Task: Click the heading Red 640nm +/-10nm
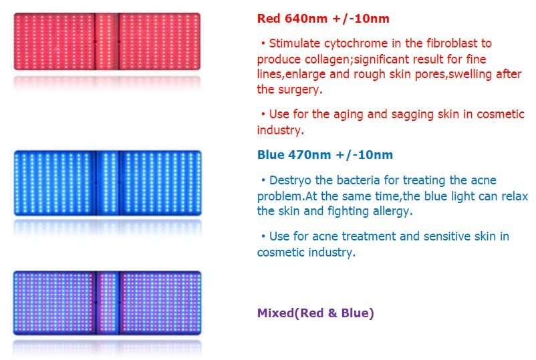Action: (323, 18)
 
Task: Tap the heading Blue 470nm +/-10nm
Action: (325, 155)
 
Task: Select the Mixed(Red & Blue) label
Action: (315, 312)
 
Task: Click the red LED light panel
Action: (107, 41)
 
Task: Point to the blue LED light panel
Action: (107, 183)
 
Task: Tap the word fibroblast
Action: (442, 43)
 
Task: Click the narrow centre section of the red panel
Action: (107, 41)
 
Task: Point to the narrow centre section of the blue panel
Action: (107, 183)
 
